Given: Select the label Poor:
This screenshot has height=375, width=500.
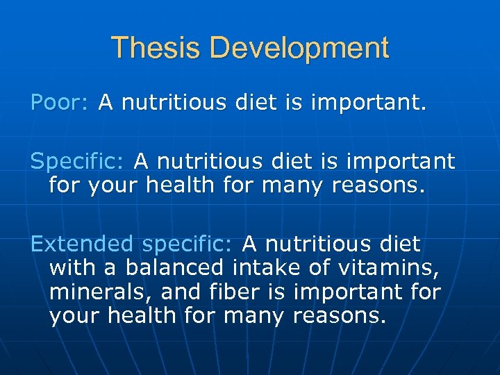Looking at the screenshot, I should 59,103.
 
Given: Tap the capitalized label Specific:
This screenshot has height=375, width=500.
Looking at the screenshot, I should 77,162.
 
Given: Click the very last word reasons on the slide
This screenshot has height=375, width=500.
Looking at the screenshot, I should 338,316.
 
